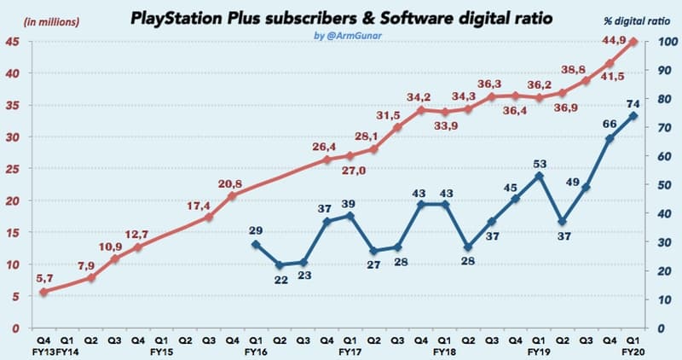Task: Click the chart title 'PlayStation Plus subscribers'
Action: click(247, 18)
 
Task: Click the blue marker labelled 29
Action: click(256, 244)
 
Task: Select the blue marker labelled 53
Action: click(539, 176)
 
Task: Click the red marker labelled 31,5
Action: click(398, 127)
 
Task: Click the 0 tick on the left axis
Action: click(14, 328)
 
